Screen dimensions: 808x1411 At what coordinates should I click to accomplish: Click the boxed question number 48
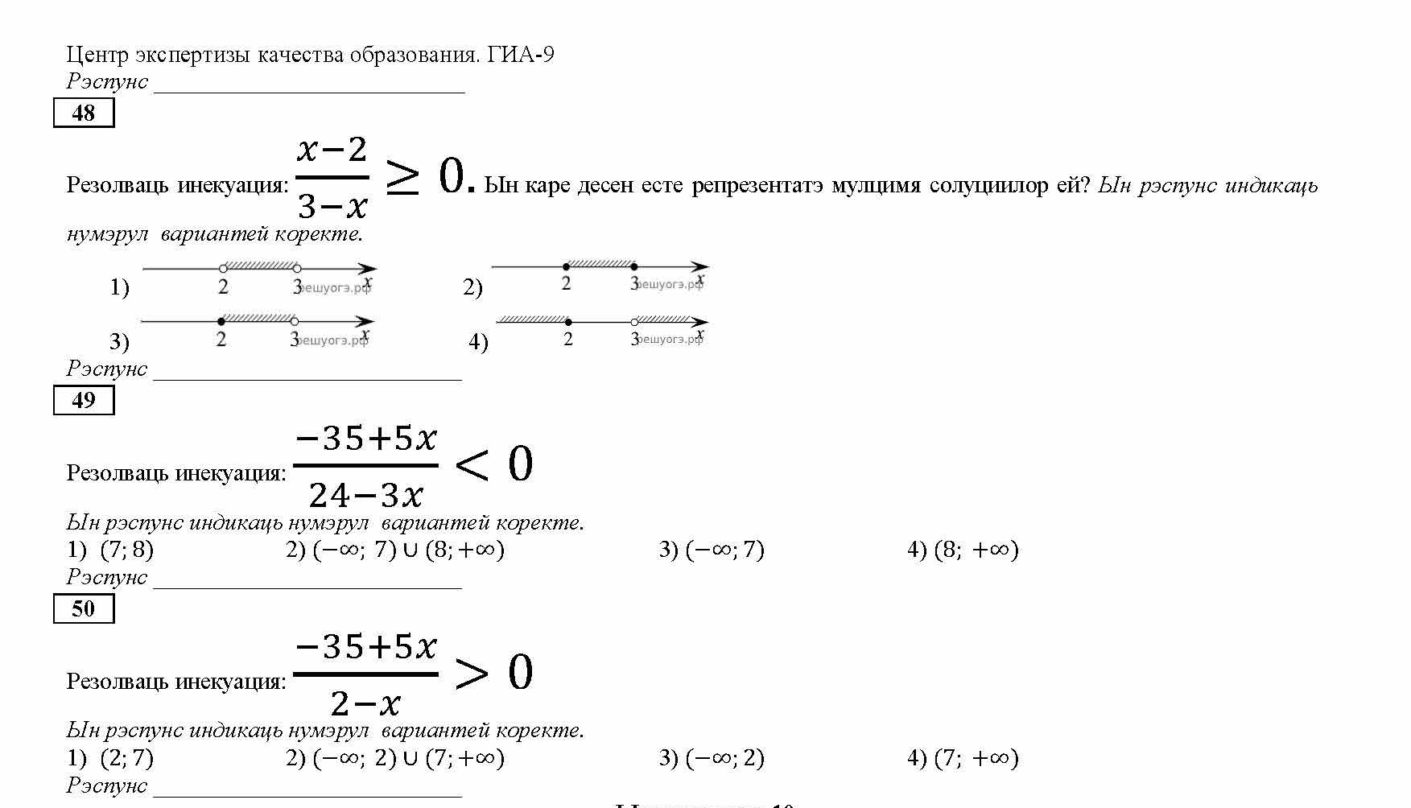[x=84, y=113]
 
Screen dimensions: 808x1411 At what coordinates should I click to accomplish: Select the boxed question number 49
[x=84, y=400]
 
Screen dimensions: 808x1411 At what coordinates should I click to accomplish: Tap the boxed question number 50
[x=84, y=608]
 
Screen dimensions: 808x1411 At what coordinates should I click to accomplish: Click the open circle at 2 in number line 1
[x=223, y=269]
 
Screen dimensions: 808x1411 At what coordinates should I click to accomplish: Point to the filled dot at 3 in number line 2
[x=634, y=266]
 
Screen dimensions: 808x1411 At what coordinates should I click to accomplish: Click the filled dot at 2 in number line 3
[x=221, y=321]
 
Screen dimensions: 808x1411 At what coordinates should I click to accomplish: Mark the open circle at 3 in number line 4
[x=634, y=322]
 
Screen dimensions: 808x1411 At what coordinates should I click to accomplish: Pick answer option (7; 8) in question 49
[x=126, y=550]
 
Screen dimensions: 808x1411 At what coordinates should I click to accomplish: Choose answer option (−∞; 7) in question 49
[x=724, y=550]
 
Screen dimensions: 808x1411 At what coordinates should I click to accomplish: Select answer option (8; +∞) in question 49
[x=976, y=550]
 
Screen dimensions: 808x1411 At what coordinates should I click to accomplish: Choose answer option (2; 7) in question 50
[x=126, y=758]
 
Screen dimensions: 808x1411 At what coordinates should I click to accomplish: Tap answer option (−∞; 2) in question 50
[x=724, y=758]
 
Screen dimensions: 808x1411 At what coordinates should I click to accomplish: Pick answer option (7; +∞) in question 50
[x=976, y=758]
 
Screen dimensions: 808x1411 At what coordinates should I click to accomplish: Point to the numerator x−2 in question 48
[x=332, y=150]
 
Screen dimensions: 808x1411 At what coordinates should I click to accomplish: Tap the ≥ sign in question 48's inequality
[x=401, y=177]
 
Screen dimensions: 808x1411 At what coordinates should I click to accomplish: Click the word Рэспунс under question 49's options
[x=107, y=577]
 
